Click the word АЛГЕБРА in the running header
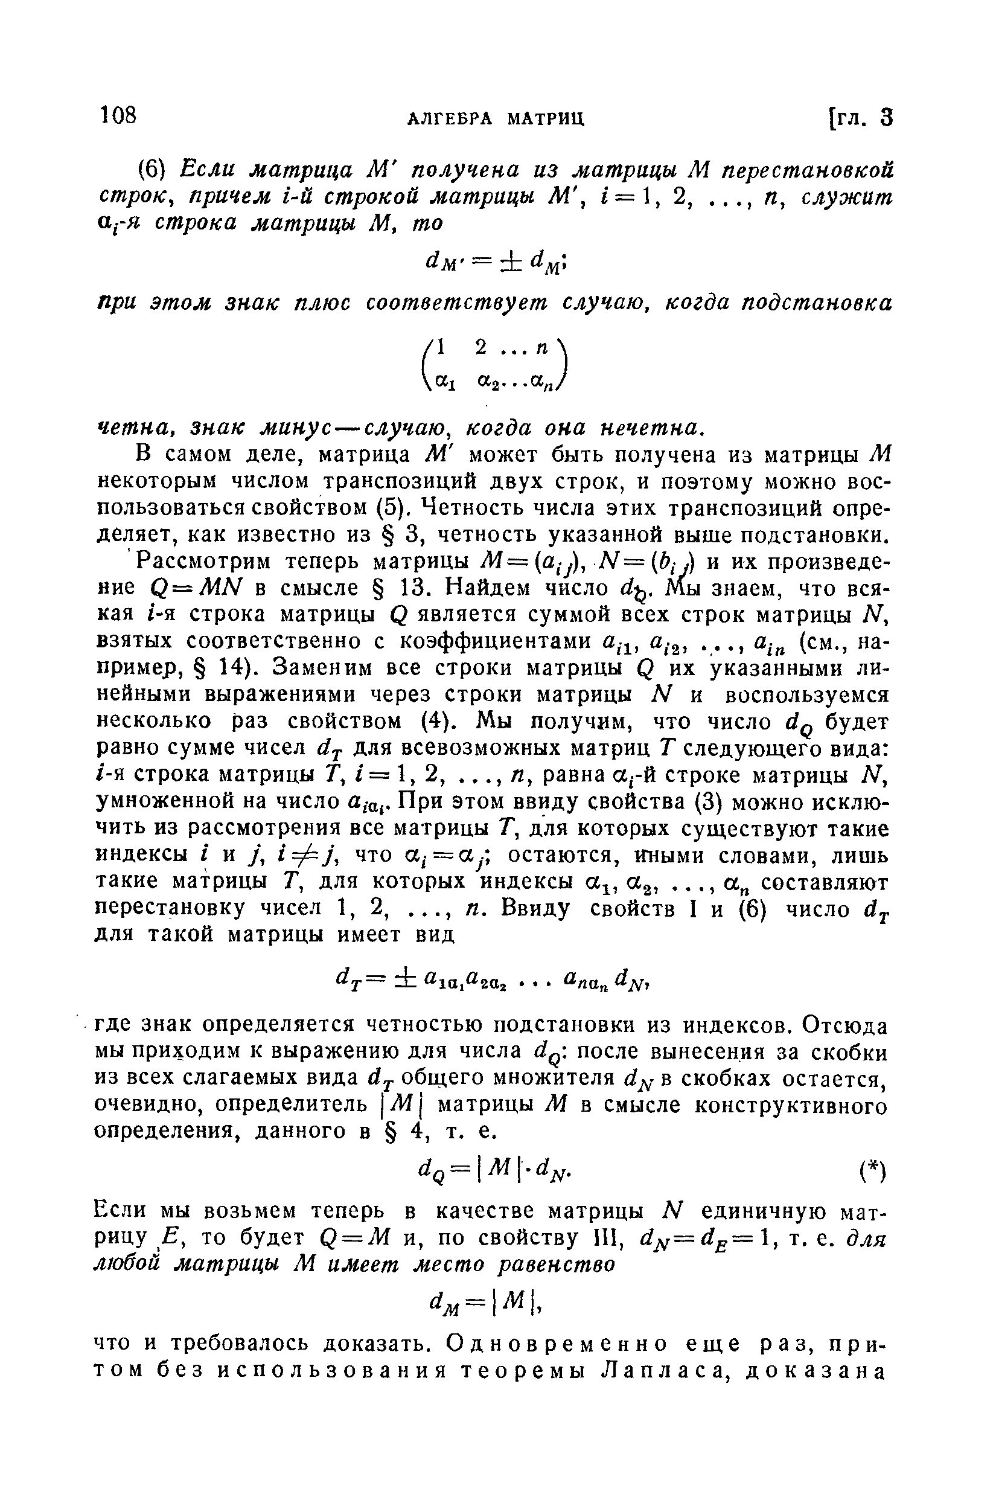click(449, 118)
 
